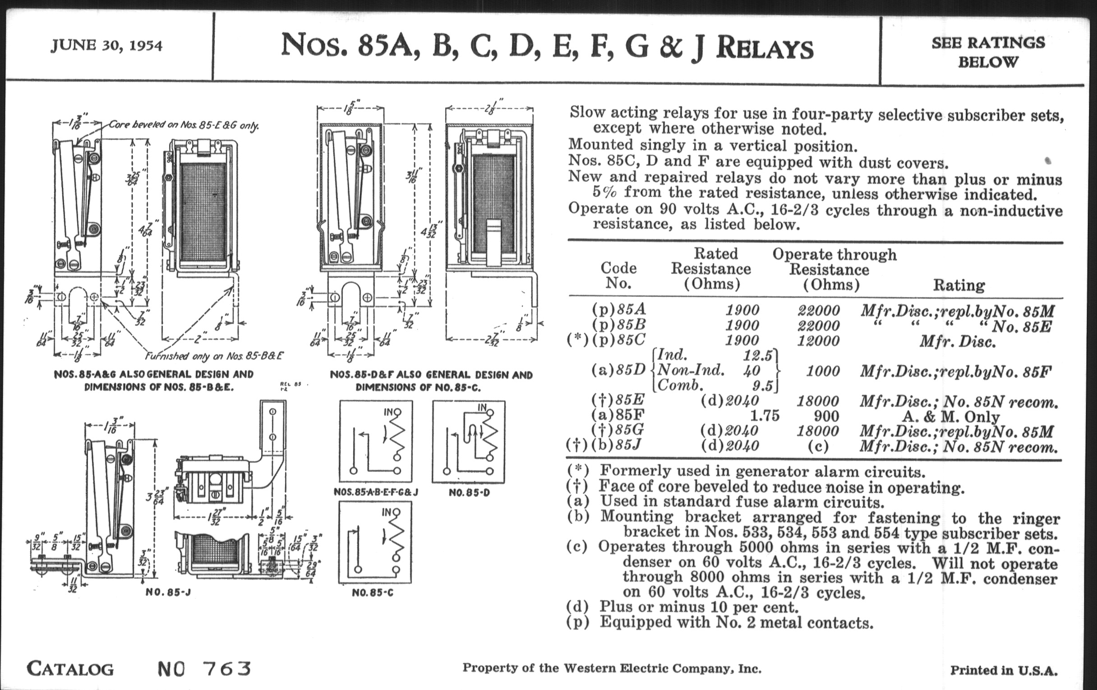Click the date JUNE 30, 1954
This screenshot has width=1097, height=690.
point(106,46)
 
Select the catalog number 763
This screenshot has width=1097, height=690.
point(226,669)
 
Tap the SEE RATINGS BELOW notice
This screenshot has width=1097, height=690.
point(988,52)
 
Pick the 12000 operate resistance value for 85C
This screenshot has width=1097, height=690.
point(818,340)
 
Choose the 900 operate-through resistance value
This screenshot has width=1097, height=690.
point(826,416)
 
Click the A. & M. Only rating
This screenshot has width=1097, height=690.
point(951,416)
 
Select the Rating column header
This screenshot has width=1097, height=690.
point(959,285)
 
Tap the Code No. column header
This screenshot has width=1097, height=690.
point(618,275)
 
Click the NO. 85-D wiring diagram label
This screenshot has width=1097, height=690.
point(469,493)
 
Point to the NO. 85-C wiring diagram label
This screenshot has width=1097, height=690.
point(373,593)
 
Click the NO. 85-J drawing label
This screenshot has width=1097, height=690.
point(168,593)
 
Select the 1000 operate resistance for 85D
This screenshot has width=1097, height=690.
point(823,371)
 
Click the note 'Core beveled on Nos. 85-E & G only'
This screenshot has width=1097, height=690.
point(184,125)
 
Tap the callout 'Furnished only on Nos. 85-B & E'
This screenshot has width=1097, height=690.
point(214,356)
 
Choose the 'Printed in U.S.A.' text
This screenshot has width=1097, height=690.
point(1003,671)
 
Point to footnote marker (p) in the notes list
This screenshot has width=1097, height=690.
point(577,622)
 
